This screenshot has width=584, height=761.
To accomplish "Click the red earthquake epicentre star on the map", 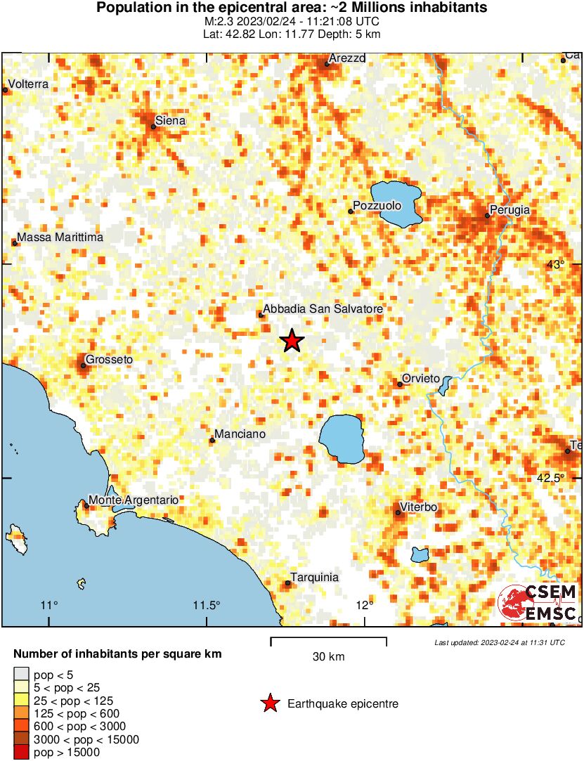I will pyautogui.click(x=292, y=342).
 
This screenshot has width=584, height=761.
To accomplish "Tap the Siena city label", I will pyautogui.click(x=171, y=121).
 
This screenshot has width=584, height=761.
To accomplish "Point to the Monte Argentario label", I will pyautogui.click(x=134, y=500).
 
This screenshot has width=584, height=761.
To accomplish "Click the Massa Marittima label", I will pyautogui.click(x=60, y=238).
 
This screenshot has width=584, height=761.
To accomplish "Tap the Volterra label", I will pyautogui.click(x=29, y=84).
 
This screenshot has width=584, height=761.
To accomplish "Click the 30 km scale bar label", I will pyautogui.click(x=328, y=657).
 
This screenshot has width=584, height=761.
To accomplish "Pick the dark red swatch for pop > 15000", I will pyautogui.click(x=21, y=753).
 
